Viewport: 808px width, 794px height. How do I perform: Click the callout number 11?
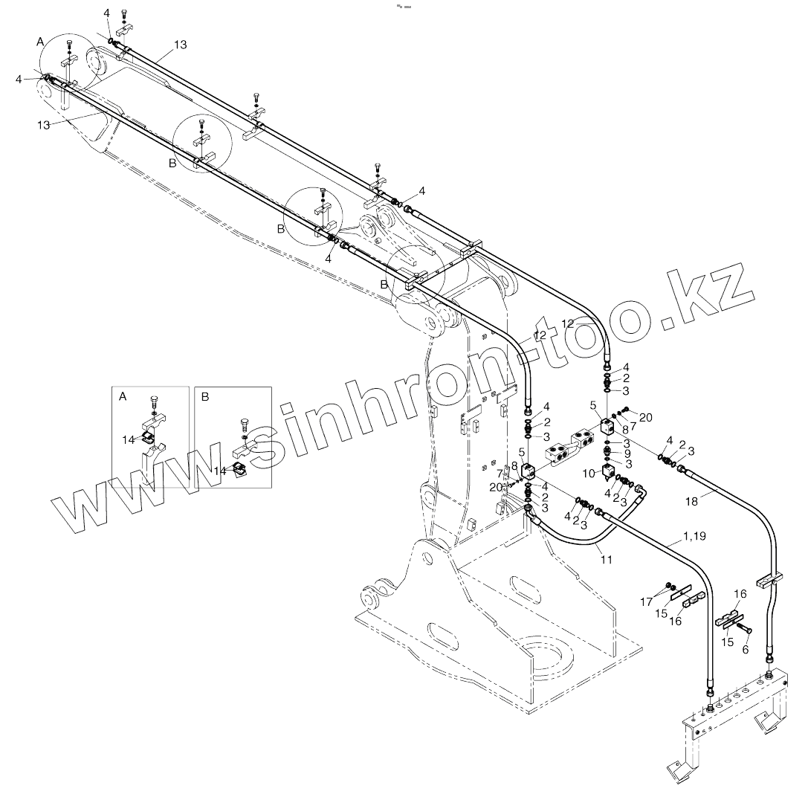[x=607, y=559]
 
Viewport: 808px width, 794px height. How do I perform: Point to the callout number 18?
[x=691, y=502]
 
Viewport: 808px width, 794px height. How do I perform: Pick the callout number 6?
[x=745, y=648]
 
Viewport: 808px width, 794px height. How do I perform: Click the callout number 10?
[x=587, y=472]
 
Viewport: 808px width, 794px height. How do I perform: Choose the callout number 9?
[x=627, y=453]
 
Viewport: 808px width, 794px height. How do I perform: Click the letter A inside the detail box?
[x=123, y=397]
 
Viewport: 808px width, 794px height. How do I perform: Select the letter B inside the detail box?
[x=205, y=396]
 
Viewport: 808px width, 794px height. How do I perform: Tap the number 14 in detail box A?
[x=129, y=439]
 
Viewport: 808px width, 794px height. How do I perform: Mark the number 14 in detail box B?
[x=219, y=471]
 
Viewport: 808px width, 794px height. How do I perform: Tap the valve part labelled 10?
[x=610, y=473]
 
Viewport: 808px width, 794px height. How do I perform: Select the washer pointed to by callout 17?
[x=670, y=584]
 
